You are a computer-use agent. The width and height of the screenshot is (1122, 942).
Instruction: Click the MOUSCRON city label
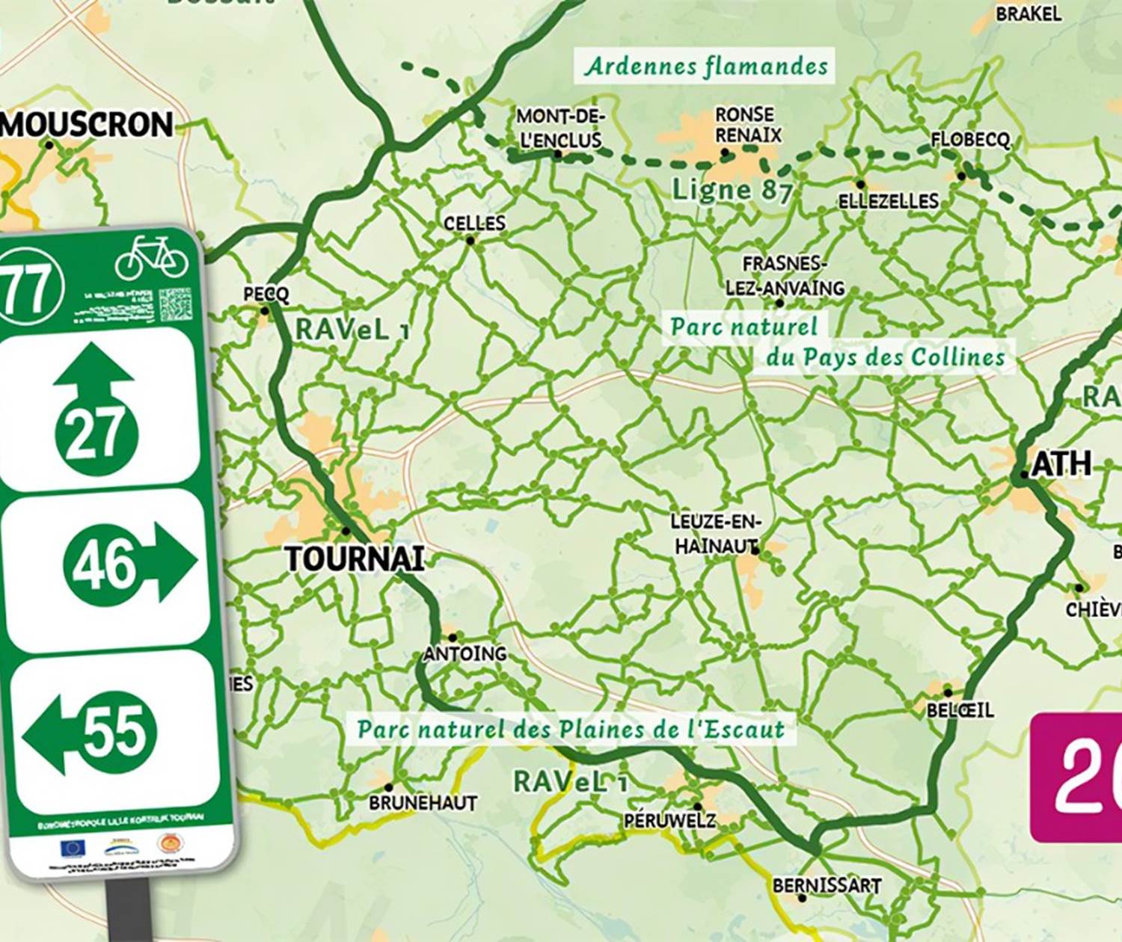click(x=88, y=124)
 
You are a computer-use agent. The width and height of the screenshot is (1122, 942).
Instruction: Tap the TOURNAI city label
click(x=355, y=558)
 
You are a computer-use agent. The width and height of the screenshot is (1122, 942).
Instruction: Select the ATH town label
click(x=1061, y=464)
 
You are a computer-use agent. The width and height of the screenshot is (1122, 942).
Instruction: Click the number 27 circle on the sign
click(x=96, y=433)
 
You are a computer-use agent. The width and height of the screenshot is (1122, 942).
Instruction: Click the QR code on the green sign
click(x=175, y=304)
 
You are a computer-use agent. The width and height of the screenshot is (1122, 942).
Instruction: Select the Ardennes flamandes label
click(x=706, y=66)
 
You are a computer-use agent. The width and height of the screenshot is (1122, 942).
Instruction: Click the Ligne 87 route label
click(x=731, y=190)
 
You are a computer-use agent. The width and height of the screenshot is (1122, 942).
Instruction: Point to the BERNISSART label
click(x=827, y=885)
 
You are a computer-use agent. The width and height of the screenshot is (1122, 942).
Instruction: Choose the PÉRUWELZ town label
click(x=669, y=820)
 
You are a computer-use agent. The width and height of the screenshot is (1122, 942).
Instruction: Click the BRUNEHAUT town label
click(x=423, y=802)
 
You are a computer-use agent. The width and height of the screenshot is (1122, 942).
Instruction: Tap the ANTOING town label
click(x=465, y=653)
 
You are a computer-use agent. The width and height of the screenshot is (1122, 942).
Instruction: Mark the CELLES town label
click(x=474, y=223)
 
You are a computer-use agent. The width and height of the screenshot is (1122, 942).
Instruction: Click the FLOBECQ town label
click(x=970, y=140)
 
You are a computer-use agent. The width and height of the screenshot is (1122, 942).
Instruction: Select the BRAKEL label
click(x=1028, y=13)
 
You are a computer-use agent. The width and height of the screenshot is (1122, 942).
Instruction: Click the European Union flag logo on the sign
click(x=73, y=848)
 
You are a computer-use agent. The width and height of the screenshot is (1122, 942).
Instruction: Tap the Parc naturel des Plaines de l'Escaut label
click(x=571, y=729)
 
